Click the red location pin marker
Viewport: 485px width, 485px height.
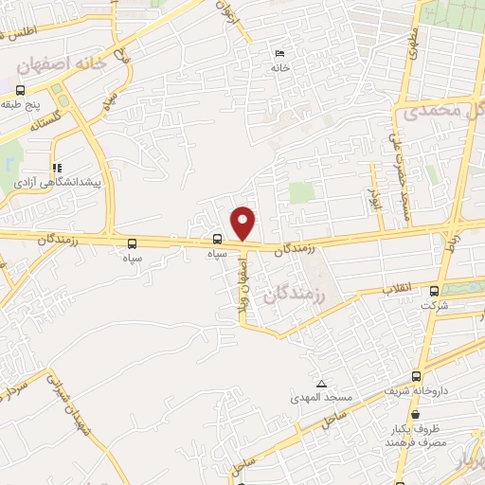tap(244, 223)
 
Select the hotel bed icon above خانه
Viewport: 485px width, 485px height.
tap(278, 53)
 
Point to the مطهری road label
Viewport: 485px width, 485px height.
tap(412, 43)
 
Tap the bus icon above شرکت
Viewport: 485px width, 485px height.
tap(435, 291)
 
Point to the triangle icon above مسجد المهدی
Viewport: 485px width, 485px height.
tap(321, 384)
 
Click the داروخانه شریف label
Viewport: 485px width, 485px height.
tap(413, 390)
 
